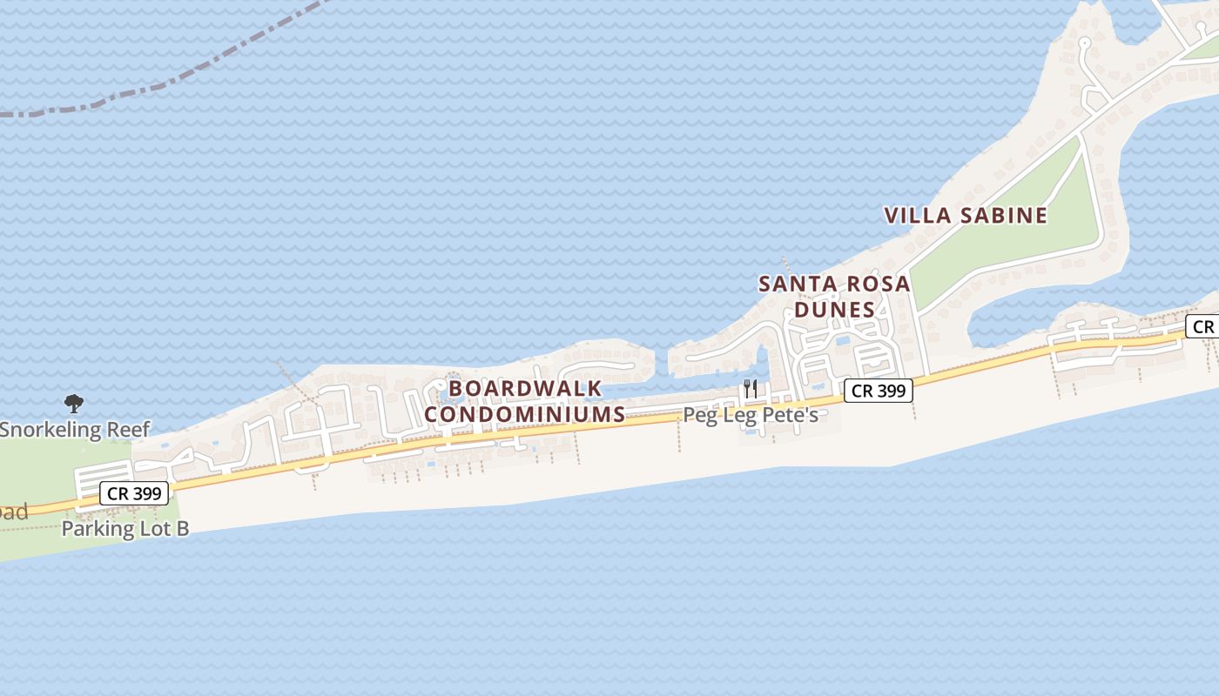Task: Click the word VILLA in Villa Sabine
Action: [918, 216]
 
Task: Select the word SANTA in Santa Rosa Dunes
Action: [795, 284]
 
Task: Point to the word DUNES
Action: [834, 310]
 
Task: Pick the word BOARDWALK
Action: [525, 388]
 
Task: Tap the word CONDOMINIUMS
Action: [525, 414]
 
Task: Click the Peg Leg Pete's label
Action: [751, 415]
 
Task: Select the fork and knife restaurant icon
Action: [751, 388]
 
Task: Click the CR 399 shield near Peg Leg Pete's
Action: [879, 391]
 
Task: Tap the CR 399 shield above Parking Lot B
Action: [134, 493]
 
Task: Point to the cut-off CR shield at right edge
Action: [1203, 327]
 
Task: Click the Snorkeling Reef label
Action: [75, 429]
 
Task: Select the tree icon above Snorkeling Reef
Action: [74, 403]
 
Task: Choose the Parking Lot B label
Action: [125, 528]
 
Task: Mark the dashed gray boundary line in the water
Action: [157, 86]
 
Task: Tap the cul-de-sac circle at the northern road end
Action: [1084, 42]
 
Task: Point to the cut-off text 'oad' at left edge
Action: [13, 512]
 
